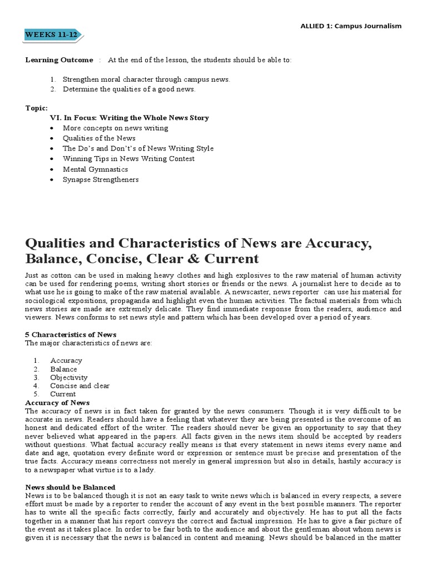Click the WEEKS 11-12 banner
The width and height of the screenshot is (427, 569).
(x=53, y=36)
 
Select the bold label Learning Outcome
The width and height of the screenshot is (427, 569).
(x=59, y=60)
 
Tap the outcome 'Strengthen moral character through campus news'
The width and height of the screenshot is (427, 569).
(x=146, y=79)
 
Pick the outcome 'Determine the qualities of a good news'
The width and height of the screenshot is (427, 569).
(x=129, y=89)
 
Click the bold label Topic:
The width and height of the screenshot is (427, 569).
(x=37, y=108)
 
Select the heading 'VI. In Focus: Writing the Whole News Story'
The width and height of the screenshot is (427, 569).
(x=129, y=118)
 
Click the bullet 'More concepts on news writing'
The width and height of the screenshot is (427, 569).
(x=116, y=128)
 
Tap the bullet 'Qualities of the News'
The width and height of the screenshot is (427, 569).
(x=99, y=138)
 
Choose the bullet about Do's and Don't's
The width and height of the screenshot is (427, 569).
(x=138, y=149)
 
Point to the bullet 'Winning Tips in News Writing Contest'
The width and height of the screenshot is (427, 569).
(x=128, y=159)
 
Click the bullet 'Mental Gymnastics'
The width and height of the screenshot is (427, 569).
(x=95, y=169)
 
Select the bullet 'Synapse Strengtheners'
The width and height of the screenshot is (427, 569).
(x=101, y=180)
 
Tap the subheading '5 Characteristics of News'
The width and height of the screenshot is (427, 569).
(x=71, y=335)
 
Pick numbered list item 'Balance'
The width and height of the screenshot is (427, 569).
(x=63, y=369)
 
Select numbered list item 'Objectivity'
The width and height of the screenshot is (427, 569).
(x=69, y=377)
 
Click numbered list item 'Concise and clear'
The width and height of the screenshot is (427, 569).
(x=80, y=386)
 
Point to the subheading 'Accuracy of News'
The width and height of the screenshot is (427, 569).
(x=58, y=402)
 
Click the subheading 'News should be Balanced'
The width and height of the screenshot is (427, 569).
(x=71, y=487)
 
